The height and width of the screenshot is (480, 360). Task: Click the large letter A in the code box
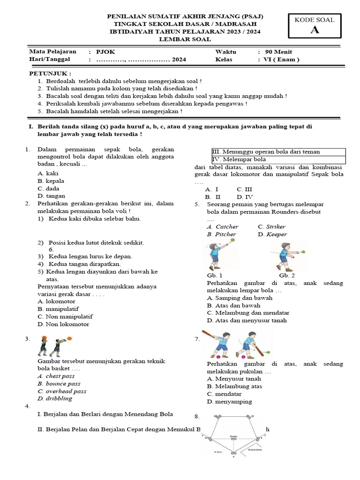click(314, 30)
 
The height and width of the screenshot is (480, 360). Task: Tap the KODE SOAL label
click(314, 20)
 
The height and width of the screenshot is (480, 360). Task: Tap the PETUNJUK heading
click(50, 74)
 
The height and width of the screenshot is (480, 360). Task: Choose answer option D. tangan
click(52, 196)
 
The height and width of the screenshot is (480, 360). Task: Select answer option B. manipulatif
click(58, 309)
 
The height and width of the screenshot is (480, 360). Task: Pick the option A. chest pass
click(56, 376)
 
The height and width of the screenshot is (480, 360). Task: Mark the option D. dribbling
click(55, 398)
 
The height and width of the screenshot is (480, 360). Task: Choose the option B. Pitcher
click(222, 234)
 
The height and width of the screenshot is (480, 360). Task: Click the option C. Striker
click(271, 227)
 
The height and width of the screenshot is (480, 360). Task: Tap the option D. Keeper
click(272, 234)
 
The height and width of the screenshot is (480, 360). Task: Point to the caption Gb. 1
click(214, 275)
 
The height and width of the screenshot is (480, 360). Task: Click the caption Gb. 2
click(287, 275)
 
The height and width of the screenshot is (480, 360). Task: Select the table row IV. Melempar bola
click(239, 159)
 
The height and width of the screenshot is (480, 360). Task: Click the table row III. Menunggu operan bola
click(266, 152)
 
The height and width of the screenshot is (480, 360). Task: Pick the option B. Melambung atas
click(234, 386)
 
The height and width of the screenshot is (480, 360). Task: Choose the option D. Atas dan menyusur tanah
click(247, 320)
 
